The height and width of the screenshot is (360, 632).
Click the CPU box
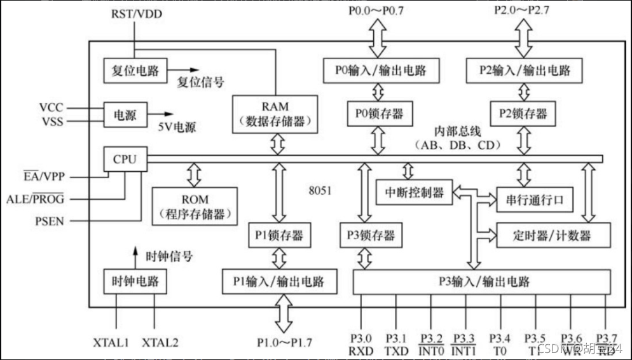click(x=125, y=159)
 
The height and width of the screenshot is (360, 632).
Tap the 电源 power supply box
click(x=125, y=114)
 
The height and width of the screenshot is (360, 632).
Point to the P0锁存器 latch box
click(x=378, y=114)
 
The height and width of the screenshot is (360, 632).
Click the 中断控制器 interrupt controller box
click(x=414, y=192)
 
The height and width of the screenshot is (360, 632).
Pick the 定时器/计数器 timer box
click(x=552, y=235)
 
